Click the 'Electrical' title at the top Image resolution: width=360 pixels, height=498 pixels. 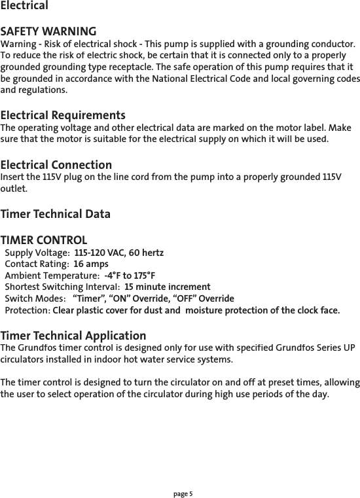(x=24, y=6)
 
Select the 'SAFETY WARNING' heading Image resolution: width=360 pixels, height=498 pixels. (x=48, y=31)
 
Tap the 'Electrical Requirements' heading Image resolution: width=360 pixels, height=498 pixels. (x=63, y=115)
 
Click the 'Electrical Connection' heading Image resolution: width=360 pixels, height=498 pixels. (x=56, y=165)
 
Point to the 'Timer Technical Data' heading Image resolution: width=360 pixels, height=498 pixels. (x=56, y=214)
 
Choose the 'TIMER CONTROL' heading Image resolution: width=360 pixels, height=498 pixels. (x=44, y=240)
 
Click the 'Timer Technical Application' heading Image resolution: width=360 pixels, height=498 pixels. (x=73, y=336)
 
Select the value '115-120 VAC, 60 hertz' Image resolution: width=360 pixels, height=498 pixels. (x=119, y=253)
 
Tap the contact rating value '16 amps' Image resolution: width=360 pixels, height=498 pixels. (x=91, y=264)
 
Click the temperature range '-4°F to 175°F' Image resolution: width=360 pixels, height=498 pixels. (x=130, y=276)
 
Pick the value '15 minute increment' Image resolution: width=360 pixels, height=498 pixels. (x=167, y=287)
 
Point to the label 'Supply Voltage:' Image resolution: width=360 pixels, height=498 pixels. (x=37, y=253)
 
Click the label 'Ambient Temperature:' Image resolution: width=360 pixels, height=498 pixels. (x=52, y=276)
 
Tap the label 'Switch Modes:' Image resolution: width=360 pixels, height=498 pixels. (x=35, y=298)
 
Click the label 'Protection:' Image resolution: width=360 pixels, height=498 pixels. (x=27, y=310)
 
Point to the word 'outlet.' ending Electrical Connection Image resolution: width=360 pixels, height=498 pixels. (x=14, y=188)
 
